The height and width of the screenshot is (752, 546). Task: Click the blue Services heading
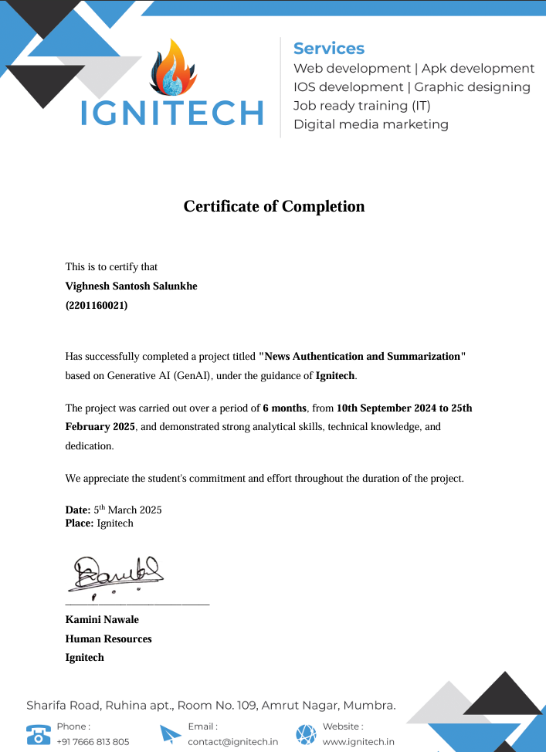pos(329,49)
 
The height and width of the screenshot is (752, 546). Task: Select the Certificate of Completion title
pos(273,206)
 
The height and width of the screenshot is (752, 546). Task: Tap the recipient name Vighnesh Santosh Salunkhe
pos(131,286)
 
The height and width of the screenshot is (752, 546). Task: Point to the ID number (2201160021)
pos(97,305)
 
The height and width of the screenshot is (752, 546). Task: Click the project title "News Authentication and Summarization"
pos(362,357)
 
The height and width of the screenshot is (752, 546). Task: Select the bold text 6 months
pos(285,408)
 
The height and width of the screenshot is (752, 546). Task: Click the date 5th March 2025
pos(127,510)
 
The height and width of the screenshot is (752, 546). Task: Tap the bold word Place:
pos(80,523)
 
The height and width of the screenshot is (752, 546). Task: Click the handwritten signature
pos(118,572)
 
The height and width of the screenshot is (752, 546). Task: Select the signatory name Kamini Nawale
pos(102,620)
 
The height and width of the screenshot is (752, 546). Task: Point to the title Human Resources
pos(108,639)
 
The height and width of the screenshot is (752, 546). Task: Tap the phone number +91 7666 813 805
pos(93,742)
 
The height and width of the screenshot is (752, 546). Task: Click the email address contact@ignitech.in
pos(233,742)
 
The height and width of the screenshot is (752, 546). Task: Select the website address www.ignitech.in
pos(358,742)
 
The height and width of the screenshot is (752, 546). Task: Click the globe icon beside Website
pos(306,733)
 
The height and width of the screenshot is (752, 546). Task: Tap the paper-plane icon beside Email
pos(171,733)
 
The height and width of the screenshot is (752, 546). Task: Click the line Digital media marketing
pos(371,124)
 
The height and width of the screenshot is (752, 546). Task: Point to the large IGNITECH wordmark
pos(172,113)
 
